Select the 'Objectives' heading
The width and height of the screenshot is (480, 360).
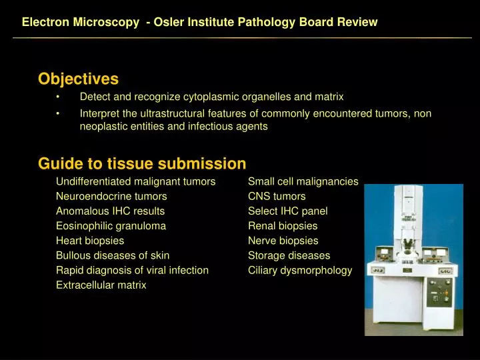pyautogui.click(x=78, y=79)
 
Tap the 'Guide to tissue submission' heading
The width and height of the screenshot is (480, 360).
pyautogui.click(x=142, y=163)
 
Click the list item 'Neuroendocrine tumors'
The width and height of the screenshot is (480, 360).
pyautogui.click(x=111, y=196)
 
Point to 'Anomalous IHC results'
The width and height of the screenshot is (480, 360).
pyautogui.click(x=110, y=211)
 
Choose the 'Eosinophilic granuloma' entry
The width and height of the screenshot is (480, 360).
pyautogui.click(x=111, y=225)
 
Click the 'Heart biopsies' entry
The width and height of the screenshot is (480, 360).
pyautogui.click(x=90, y=240)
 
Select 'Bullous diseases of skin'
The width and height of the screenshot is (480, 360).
pyautogui.click(x=113, y=255)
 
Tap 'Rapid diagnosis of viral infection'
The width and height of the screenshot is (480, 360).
pyautogui.click(x=132, y=270)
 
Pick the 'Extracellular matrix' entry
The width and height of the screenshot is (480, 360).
pyautogui.click(x=101, y=285)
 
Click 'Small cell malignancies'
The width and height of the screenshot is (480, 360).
pyautogui.click(x=303, y=181)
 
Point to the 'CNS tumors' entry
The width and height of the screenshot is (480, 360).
pyautogui.click(x=277, y=196)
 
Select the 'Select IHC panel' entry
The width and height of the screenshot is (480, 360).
pyautogui.click(x=287, y=211)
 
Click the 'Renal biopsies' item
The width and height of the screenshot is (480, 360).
pyautogui.click(x=283, y=225)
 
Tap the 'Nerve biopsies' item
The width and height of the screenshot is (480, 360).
pyautogui.click(x=283, y=240)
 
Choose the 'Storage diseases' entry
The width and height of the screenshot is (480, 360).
pyautogui.click(x=289, y=255)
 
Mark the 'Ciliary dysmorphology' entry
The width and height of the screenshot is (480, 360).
pyautogui.click(x=300, y=270)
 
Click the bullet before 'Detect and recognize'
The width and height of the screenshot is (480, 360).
pyautogui.click(x=59, y=97)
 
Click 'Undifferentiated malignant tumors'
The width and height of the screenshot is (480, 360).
pyautogui.click(x=135, y=181)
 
